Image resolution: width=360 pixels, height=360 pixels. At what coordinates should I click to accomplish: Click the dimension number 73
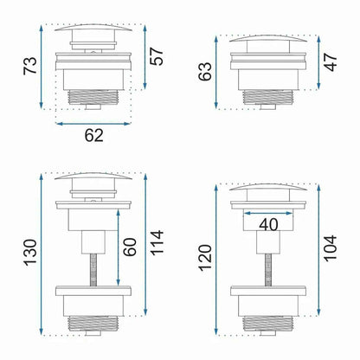[x=30, y=66]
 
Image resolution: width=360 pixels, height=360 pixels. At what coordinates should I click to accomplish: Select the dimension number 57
[x=157, y=56]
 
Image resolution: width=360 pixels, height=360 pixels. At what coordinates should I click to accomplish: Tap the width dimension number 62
[x=93, y=135]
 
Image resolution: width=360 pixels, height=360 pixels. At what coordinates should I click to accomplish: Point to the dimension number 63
[x=205, y=71]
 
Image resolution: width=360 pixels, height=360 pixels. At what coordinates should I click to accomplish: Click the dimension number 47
[x=331, y=62]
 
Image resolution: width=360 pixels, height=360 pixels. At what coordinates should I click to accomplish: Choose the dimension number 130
[x=30, y=253]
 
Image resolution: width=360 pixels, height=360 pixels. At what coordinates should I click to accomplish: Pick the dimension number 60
[x=130, y=247]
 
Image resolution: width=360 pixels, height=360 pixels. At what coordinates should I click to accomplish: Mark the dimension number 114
[x=157, y=243]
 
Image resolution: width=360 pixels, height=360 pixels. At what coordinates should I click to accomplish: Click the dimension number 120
[x=205, y=258]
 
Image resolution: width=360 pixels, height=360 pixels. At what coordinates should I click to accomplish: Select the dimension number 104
[x=331, y=248]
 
